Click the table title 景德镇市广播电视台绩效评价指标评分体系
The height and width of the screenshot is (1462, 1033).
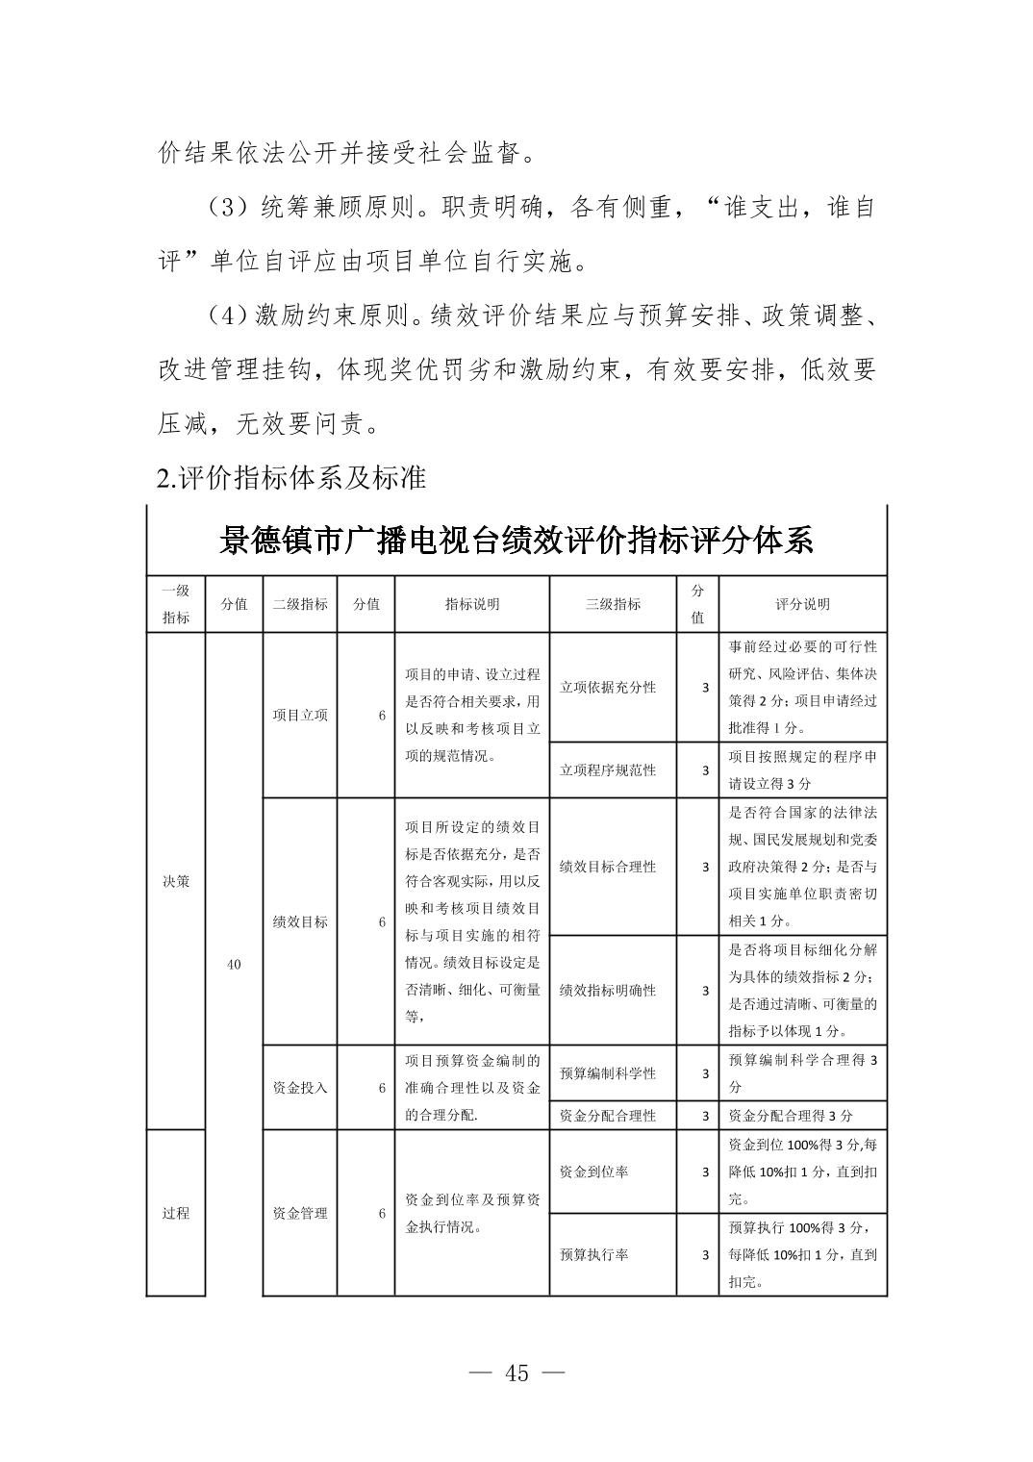[516, 542]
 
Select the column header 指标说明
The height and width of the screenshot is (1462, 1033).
[471, 604]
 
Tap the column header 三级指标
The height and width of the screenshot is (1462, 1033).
[613, 604]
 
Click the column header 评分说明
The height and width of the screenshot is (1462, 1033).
[802, 604]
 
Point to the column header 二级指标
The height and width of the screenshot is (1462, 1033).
[300, 604]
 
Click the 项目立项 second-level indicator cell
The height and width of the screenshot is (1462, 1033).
[300, 715]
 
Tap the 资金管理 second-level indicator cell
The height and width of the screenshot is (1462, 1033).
[300, 1213]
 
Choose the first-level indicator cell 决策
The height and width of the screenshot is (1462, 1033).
[176, 881]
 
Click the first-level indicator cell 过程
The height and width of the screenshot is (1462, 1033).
[176, 1213]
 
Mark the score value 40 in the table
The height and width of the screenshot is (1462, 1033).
[234, 964]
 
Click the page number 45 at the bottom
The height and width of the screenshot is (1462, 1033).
[516, 1374]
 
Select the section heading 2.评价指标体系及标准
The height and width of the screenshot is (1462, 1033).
[291, 477]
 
